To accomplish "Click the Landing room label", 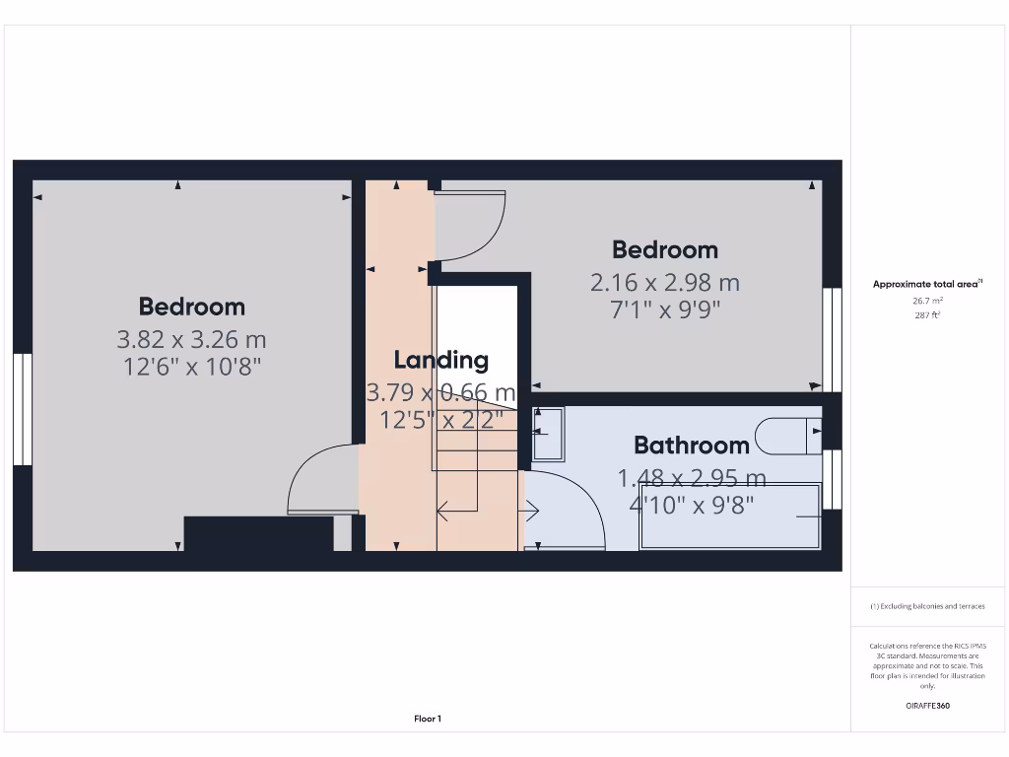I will [440, 360].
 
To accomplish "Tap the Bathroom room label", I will [691, 445].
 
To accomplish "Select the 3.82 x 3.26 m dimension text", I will [191, 340].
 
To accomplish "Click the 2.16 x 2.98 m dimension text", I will [665, 283].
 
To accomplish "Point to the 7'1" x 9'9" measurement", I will [665, 310].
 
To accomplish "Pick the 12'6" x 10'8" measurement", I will [191, 367].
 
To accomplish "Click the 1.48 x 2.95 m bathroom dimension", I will [691, 478].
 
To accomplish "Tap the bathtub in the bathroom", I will [730, 516].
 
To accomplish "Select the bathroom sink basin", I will [549, 434].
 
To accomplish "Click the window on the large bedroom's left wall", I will [23, 409].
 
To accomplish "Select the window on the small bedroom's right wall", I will [833, 339].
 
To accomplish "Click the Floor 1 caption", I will [428, 719].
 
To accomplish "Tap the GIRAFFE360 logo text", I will [927, 706].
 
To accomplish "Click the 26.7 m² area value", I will [927, 301].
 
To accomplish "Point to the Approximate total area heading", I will [926, 284].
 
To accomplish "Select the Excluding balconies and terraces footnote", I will [927, 606].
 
